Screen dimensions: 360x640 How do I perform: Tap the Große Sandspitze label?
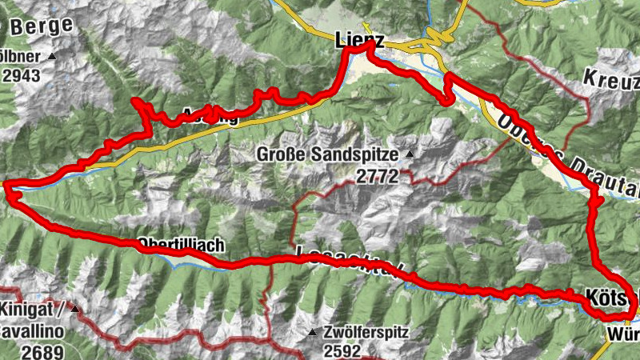point(330,154)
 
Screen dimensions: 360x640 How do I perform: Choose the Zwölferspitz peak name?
point(367,331)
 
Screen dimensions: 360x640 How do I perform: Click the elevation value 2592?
point(345,350)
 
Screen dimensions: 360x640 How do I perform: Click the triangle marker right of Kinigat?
point(74,308)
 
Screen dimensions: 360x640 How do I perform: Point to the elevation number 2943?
point(22,75)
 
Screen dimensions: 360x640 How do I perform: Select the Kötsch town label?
point(612,294)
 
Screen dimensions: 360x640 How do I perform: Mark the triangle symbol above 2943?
point(52,56)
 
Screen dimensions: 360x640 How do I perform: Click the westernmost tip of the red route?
point(6,187)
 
